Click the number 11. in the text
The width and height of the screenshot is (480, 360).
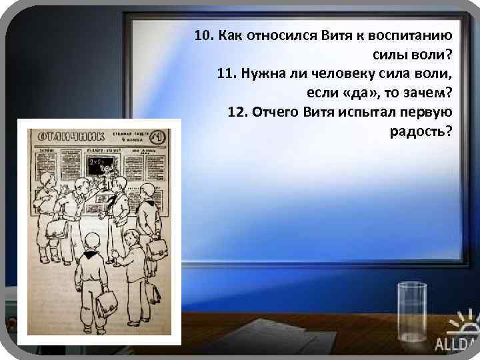click(227, 73)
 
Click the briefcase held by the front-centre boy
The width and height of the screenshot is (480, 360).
click(107, 304)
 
